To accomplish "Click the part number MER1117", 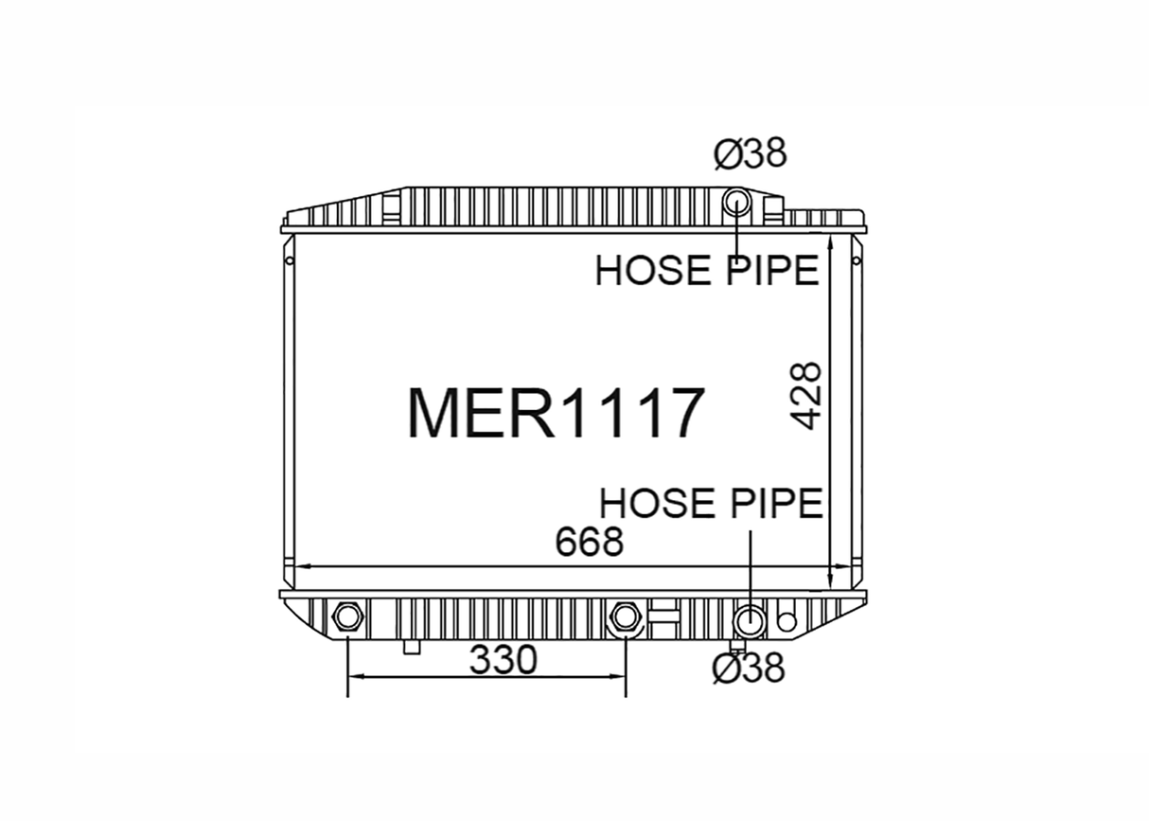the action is pyautogui.click(x=556, y=413).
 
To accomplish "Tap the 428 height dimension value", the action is pyautogui.click(x=804, y=396).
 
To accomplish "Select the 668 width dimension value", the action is pyautogui.click(x=590, y=542).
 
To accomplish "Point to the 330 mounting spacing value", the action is pyautogui.click(x=504, y=659).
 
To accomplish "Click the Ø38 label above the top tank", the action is pyautogui.click(x=751, y=152).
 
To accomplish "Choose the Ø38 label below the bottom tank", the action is pyautogui.click(x=749, y=669).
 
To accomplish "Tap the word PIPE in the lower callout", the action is pyautogui.click(x=777, y=503).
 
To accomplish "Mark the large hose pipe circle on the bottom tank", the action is pyautogui.click(x=750, y=621).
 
